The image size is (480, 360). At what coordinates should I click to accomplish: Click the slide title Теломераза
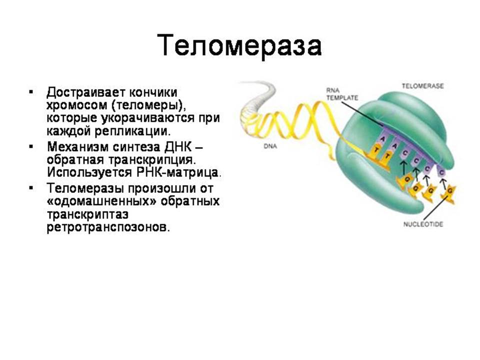point(239,46)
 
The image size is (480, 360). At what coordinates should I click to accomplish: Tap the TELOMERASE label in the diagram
point(422,86)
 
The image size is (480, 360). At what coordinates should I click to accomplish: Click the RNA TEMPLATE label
point(342,94)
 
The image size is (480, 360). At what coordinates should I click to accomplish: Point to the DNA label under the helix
point(270,146)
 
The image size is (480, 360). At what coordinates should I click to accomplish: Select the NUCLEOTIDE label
point(423,224)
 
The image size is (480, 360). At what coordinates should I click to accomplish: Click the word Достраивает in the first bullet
point(85,92)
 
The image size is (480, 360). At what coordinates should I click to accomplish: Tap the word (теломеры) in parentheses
point(149,105)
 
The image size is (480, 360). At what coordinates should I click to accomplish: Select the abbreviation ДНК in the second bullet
point(178,147)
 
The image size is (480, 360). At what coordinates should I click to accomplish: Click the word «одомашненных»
point(102,201)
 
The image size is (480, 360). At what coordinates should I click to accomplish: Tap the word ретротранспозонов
point(107,227)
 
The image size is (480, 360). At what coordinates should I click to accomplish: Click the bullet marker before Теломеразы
point(30,187)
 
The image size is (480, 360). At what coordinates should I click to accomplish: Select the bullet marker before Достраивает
point(30,92)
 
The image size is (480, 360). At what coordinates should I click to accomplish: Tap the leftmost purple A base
point(382,138)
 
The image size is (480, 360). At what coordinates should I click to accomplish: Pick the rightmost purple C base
point(441,172)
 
